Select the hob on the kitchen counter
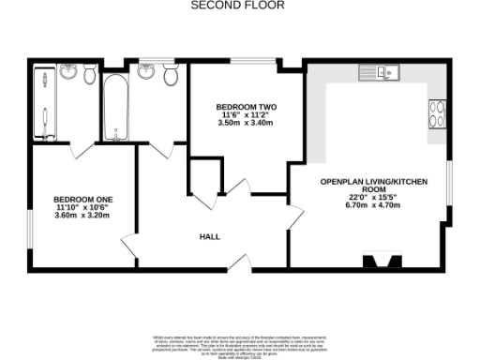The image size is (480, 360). [437, 112]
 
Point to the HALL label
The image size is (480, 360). [210, 237]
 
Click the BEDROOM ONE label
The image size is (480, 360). [82, 200]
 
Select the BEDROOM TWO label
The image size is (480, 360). [247, 107]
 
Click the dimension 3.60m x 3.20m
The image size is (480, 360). [82, 216]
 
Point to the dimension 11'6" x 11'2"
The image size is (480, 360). [247, 114]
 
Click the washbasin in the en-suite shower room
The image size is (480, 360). [69, 72]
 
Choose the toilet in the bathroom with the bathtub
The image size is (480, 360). [169, 76]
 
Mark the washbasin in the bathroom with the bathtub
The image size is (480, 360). [146, 72]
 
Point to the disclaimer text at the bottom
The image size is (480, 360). [239, 342]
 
